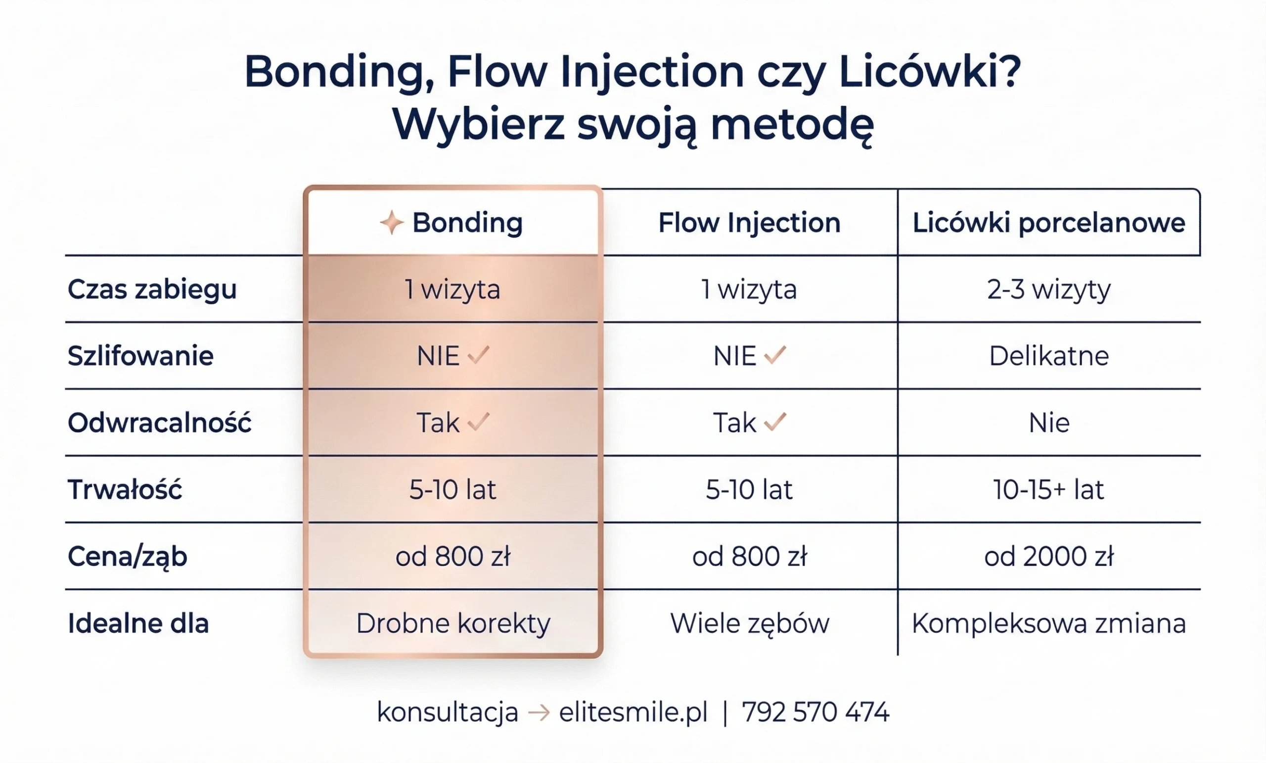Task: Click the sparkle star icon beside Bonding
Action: [392, 223]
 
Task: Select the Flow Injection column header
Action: [749, 223]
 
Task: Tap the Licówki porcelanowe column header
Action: [1049, 223]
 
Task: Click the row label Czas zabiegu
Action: [152, 289]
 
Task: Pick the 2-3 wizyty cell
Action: [1049, 289]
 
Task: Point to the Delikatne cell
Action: [1049, 356]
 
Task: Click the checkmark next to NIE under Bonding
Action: [478, 355]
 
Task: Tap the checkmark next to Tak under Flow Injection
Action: [775, 422]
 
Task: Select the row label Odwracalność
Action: [159, 423]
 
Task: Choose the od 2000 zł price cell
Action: [1049, 556]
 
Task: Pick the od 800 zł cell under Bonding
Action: [452, 556]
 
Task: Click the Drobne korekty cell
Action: [452, 623]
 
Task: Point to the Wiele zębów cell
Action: [749, 623]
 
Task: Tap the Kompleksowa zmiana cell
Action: [1049, 623]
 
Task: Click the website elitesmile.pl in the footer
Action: [633, 713]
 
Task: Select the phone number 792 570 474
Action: [815, 713]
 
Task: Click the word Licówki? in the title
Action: [929, 72]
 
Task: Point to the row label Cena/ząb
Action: [128, 556]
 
